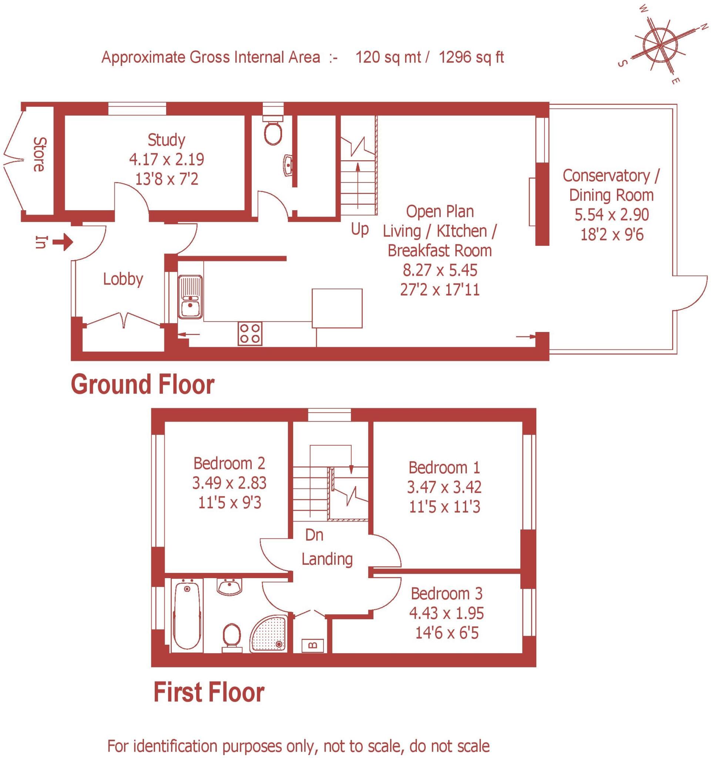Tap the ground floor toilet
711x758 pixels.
coord(272,131)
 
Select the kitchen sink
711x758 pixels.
coord(190,296)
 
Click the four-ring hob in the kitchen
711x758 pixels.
coord(250,333)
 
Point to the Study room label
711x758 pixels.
coord(166,140)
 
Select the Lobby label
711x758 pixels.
coord(123,279)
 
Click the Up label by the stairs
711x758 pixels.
coord(359,229)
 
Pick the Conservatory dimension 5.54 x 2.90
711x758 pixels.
coord(611,215)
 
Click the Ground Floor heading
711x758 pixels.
coord(142,385)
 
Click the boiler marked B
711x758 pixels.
coord(313,645)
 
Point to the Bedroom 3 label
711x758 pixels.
coord(446,594)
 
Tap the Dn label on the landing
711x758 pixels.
coord(314,535)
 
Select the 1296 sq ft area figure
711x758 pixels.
coord(471,57)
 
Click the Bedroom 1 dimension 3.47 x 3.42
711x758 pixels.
coord(444,487)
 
